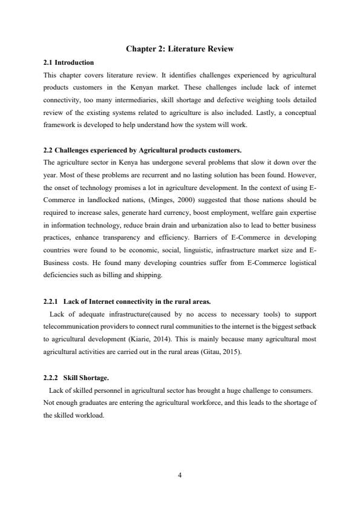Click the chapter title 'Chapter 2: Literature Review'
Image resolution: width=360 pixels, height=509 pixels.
coord(179,48)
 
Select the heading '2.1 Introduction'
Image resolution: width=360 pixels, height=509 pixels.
coord(68,62)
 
